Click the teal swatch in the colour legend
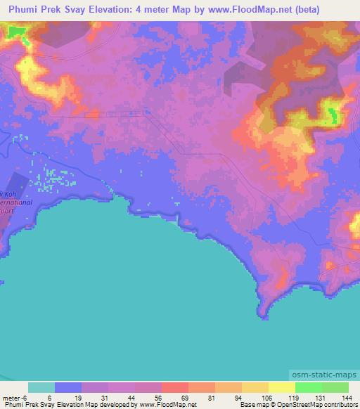pos(41,387)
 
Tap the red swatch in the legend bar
pos(175,387)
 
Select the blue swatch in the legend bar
pos(68,387)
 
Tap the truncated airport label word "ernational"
pos(15,202)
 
